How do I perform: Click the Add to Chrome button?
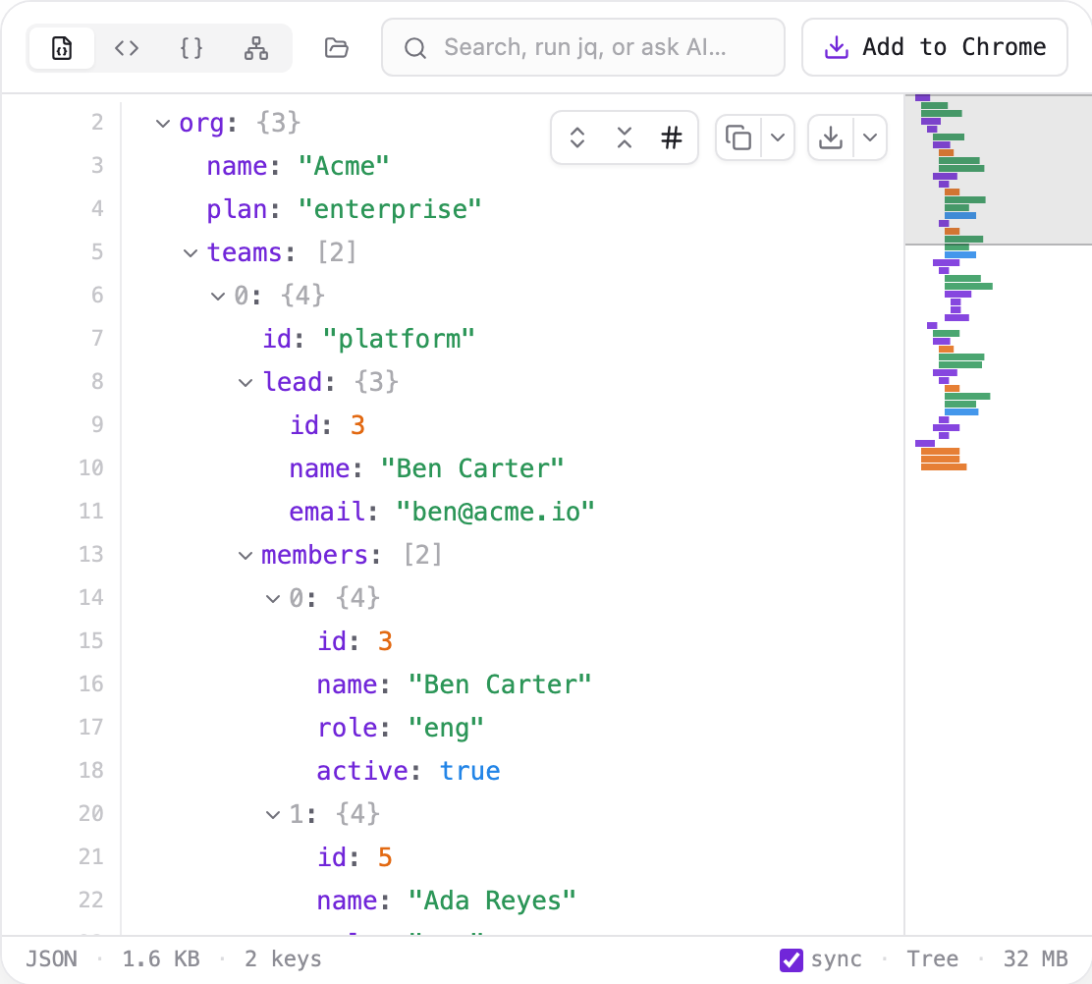pos(934,47)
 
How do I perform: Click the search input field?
pos(583,47)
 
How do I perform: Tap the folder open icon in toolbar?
pos(337,48)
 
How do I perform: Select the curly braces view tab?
pos(191,48)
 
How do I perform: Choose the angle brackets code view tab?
pos(127,48)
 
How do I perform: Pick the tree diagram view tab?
pos(256,48)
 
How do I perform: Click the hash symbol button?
pos(672,137)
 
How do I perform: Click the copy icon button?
pos(738,137)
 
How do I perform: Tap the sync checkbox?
pos(792,959)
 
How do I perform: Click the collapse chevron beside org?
pos(163,124)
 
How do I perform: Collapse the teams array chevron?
pos(191,253)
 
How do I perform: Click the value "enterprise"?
pos(390,209)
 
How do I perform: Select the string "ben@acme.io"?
pos(495,512)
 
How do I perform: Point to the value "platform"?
pos(399,339)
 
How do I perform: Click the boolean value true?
pos(470,771)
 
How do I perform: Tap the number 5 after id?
pos(385,857)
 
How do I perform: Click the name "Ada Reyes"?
pos(492,901)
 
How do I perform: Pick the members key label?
pos(314,555)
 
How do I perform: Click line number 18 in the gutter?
pos(91,770)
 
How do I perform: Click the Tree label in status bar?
pos(932,958)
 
